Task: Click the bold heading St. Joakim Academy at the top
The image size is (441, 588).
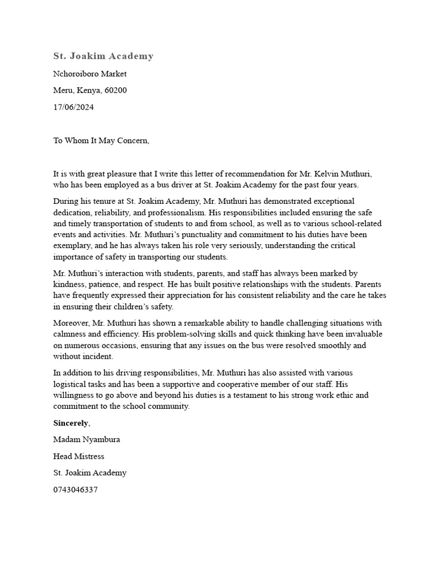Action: [103, 56]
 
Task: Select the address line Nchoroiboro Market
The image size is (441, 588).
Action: [90, 73]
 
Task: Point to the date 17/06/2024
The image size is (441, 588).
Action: [73, 107]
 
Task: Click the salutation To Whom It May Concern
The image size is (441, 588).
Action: [101, 141]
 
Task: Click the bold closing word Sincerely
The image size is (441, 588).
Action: [71, 423]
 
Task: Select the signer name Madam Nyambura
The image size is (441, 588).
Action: [87, 440]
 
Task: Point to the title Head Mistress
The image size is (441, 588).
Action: [79, 457]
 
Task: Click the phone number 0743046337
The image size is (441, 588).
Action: [75, 490]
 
